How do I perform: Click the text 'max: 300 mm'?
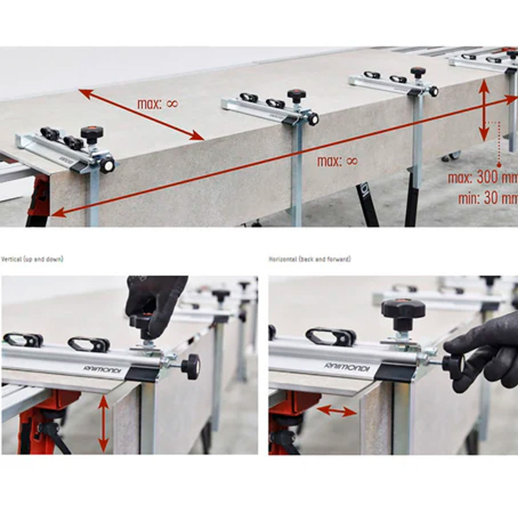tap(482, 178)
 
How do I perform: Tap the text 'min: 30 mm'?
tap(487, 198)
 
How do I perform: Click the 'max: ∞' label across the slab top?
tap(157, 104)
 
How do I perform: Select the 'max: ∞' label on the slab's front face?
tap(337, 162)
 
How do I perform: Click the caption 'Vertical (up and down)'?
tap(32, 259)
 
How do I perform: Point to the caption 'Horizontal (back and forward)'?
tap(309, 259)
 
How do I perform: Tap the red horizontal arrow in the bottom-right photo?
tap(336, 411)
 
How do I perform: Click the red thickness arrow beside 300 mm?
tap(484, 110)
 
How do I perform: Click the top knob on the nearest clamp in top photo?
tap(92, 132)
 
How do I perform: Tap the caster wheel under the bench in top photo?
tap(451, 156)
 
